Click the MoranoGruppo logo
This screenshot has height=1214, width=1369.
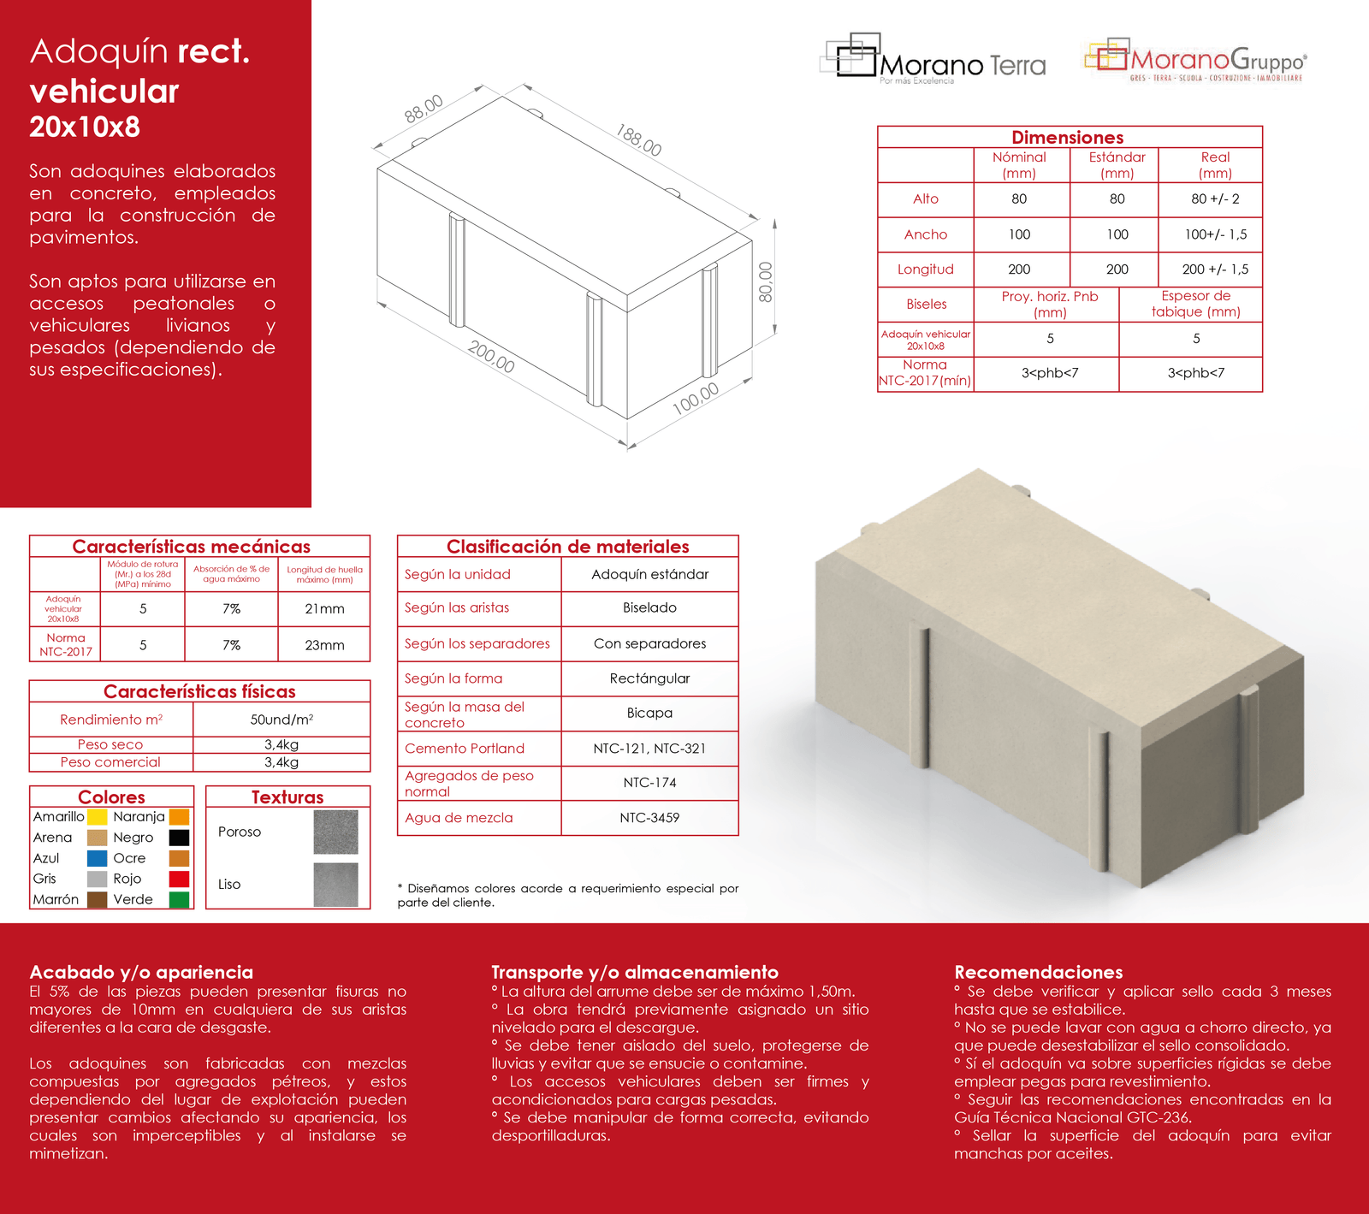[x=1196, y=60]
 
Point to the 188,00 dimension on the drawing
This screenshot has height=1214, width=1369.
[x=638, y=140]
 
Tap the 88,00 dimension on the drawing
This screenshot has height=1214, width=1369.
[x=424, y=109]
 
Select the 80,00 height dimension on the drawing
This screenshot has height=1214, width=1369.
[x=766, y=281]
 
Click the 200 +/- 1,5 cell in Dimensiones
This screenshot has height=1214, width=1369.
[x=1215, y=269]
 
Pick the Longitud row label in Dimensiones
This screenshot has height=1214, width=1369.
[x=925, y=269]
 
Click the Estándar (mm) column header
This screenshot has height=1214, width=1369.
[x=1117, y=164]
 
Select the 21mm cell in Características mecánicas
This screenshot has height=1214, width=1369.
[x=324, y=609]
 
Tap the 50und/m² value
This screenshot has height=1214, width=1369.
[x=282, y=720]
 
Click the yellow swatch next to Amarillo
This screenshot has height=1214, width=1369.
[x=98, y=817]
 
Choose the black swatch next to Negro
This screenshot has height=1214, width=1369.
[x=179, y=838]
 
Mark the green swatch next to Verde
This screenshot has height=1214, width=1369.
[x=179, y=899]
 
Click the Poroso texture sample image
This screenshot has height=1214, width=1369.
[x=335, y=832]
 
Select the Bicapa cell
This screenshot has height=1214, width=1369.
[x=649, y=714]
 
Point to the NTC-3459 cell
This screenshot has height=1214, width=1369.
[x=649, y=818]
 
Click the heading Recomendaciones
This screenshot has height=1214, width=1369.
[x=1038, y=972]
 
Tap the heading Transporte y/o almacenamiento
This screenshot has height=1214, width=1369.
[x=635, y=972]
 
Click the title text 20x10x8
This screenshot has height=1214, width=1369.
[x=85, y=127]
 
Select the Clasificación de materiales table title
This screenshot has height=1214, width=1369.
[x=567, y=547]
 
